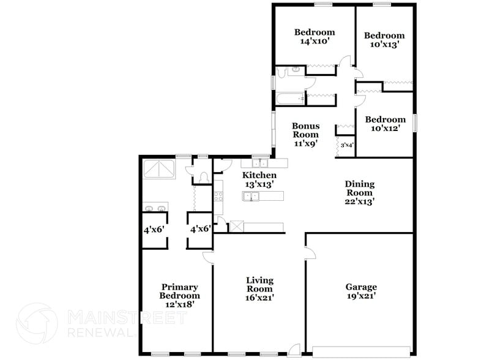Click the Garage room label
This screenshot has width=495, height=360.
[x=360, y=287]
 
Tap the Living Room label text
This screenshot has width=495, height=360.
[x=259, y=285]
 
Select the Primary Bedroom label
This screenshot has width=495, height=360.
[x=179, y=291]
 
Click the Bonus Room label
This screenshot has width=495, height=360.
[x=305, y=130]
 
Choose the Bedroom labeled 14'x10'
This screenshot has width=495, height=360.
[x=314, y=32]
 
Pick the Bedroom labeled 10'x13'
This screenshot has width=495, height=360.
[x=384, y=36]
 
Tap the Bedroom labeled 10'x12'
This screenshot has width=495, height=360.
[x=385, y=119]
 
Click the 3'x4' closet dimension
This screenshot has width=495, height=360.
[x=347, y=145]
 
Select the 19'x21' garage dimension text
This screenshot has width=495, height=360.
[x=360, y=296]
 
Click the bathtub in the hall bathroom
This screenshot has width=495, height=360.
[x=290, y=99]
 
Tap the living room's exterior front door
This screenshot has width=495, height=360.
[x=294, y=350]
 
